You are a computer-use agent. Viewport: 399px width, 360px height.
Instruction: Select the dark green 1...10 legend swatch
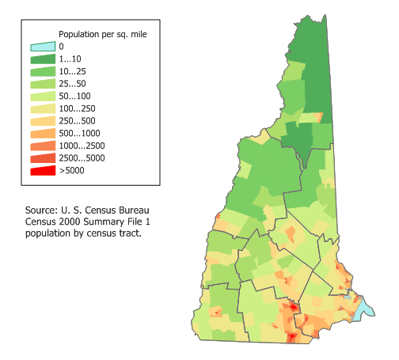pyautogui.click(x=43, y=59)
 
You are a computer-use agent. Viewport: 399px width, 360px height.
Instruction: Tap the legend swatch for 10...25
pyautogui.click(x=43, y=70)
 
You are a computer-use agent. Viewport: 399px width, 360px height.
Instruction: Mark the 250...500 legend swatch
pyautogui.click(x=43, y=119)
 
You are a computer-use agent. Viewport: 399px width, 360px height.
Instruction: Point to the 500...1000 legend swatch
pyautogui.click(x=43, y=133)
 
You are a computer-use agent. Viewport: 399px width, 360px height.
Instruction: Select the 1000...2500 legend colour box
pyautogui.click(x=43, y=146)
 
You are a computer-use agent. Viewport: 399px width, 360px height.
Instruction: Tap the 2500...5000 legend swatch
pyautogui.click(x=43, y=157)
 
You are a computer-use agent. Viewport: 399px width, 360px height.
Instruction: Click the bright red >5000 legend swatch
pyautogui.click(x=43, y=170)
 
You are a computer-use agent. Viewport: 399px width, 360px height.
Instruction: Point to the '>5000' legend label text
pyautogui.click(x=73, y=171)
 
